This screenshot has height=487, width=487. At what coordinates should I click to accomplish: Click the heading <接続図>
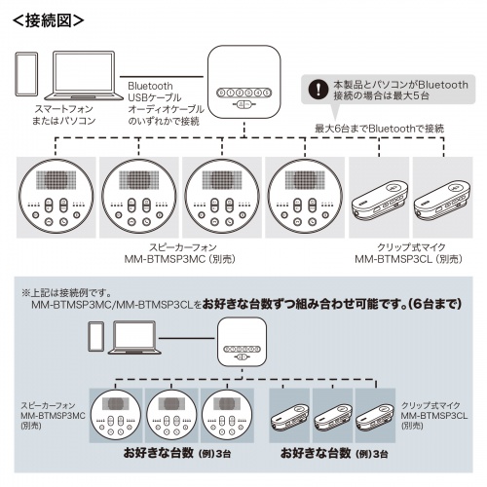pos(44,18)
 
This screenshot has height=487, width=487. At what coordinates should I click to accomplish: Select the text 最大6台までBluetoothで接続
pos(380,129)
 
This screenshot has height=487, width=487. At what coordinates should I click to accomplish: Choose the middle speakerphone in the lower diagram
pos(172,413)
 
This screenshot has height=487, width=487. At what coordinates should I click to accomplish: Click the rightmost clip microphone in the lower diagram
pos(374,414)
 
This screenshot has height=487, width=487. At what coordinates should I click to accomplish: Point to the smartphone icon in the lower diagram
pos(95,338)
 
